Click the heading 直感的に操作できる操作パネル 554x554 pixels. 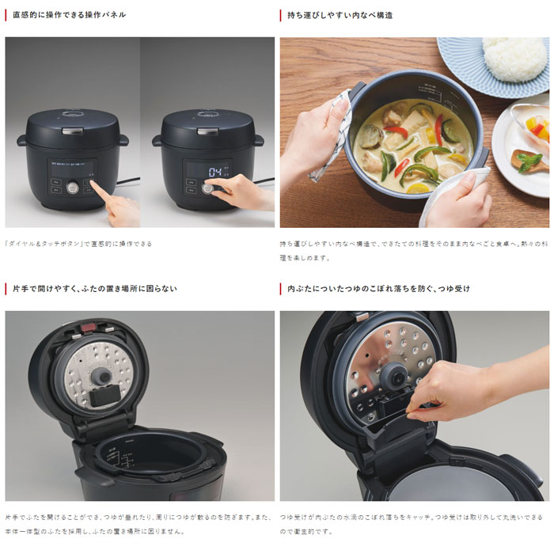point(69,15)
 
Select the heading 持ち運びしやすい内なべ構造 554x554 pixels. point(340,15)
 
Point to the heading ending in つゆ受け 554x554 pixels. point(379,289)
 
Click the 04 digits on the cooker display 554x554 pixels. point(215,171)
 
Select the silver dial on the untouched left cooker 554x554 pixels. point(74,188)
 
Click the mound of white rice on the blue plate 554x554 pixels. point(514,59)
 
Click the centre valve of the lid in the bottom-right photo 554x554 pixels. point(394,378)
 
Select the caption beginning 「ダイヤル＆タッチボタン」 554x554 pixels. point(78,244)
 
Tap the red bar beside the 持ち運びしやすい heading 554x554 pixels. point(281,15)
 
